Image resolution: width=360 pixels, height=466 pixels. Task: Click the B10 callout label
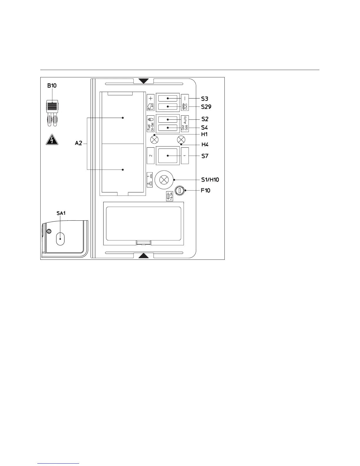click(52, 86)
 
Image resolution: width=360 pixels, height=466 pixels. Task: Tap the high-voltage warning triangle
click(52, 139)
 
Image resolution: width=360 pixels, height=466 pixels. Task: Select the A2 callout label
click(79, 143)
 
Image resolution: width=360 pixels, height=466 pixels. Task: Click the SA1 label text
click(61, 213)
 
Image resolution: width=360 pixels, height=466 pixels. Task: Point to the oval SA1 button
click(60, 239)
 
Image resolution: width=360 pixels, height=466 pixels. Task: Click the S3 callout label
click(205, 99)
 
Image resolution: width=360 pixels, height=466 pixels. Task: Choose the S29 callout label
click(206, 107)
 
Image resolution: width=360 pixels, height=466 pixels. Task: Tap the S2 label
click(205, 119)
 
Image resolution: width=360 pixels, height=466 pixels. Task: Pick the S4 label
click(205, 128)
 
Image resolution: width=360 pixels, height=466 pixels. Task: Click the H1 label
click(204, 134)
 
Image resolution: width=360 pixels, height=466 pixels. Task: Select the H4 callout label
click(205, 144)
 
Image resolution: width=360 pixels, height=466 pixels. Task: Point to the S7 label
click(205, 156)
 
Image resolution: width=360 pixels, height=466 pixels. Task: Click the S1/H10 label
click(210, 179)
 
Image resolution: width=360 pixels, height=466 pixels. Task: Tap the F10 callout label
click(206, 190)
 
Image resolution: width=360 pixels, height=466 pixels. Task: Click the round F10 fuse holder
click(179, 191)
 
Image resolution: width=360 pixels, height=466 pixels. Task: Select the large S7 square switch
click(168, 156)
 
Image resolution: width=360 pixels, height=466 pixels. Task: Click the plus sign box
click(151, 98)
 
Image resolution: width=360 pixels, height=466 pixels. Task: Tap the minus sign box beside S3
click(185, 98)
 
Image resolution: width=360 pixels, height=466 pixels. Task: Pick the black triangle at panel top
click(144, 81)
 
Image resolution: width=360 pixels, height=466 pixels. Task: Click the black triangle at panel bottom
click(144, 255)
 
